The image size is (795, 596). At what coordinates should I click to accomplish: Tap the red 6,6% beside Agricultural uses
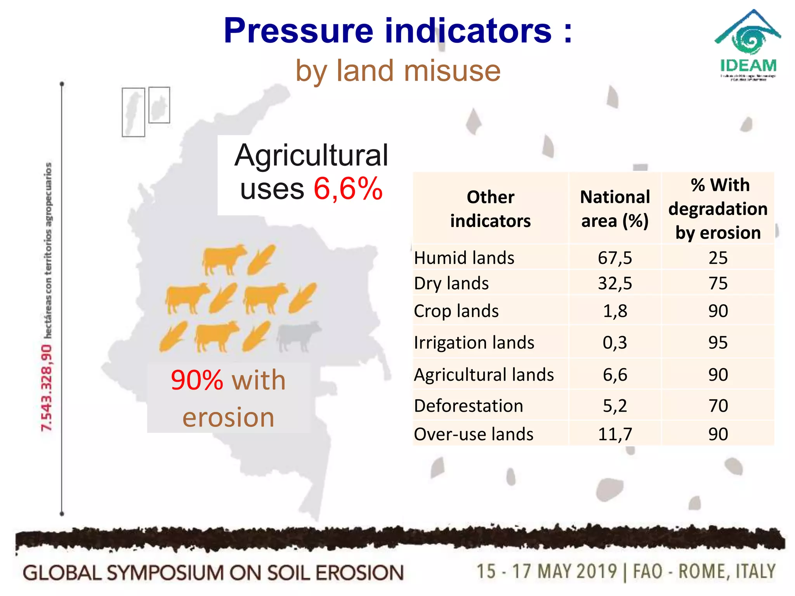[x=348, y=189]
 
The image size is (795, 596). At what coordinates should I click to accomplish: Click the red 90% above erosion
[x=197, y=380]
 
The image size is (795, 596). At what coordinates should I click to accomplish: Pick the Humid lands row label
[x=464, y=258]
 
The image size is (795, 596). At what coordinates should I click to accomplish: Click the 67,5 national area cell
[x=615, y=258]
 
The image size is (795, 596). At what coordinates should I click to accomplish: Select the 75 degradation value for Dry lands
[x=718, y=283]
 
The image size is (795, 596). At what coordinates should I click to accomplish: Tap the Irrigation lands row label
[x=474, y=343]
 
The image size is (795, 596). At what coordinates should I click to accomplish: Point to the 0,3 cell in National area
[x=615, y=343]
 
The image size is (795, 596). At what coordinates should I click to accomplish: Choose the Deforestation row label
[x=469, y=406]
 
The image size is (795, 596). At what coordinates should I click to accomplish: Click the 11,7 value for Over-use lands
[x=615, y=434]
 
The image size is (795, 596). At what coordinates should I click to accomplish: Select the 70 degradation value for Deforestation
[x=718, y=406]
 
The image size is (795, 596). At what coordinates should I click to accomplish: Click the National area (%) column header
[x=615, y=209]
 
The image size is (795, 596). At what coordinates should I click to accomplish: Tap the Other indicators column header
[x=490, y=209]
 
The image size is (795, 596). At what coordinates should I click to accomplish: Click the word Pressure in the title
[x=298, y=31]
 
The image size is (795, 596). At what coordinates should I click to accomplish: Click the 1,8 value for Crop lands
[x=615, y=311]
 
